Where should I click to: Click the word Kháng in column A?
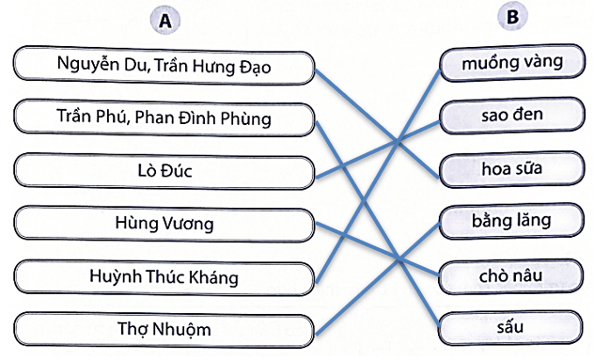tap(214, 277)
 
